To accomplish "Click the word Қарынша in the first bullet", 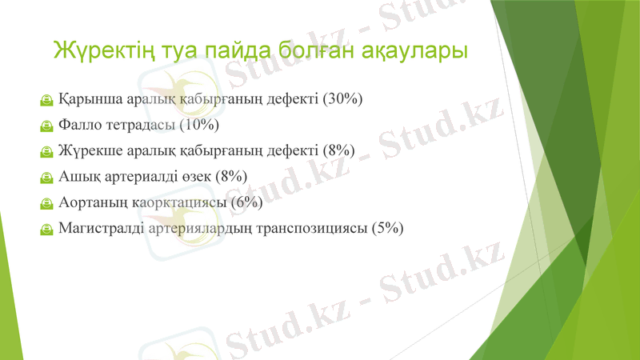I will [91, 100].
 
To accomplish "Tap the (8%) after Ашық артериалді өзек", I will [230, 177].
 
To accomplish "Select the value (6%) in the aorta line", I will [246, 202].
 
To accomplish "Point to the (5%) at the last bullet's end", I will [387, 228].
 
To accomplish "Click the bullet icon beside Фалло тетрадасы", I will [46, 126].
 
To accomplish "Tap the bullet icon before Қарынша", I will [46, 101].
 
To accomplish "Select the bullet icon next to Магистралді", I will [46, 229].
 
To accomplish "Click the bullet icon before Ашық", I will [46, 178].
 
